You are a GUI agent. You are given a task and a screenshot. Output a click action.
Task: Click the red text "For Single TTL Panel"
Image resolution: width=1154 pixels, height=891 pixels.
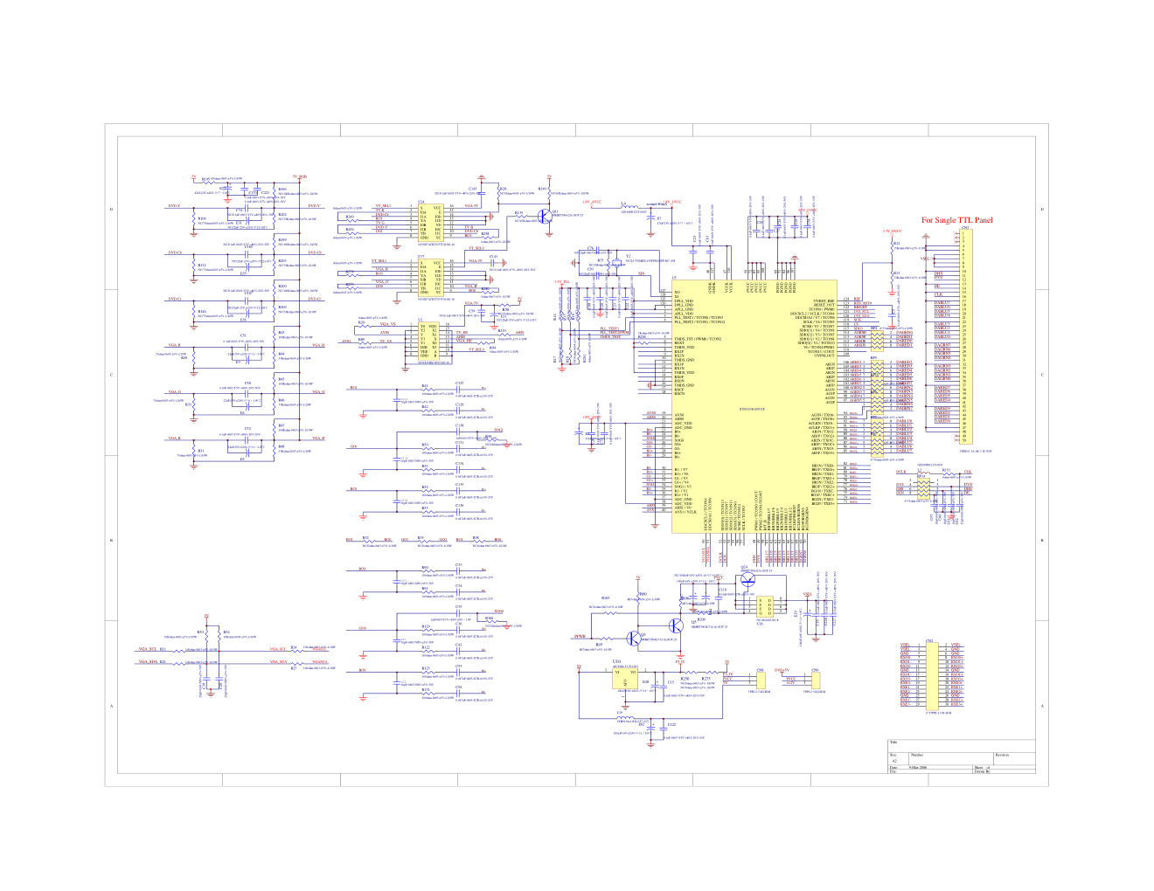tap(957, 220)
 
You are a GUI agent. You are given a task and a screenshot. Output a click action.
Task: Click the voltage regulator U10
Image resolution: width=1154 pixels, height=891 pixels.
tap(625, 679)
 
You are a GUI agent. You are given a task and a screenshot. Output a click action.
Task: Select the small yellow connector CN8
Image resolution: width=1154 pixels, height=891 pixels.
tap(760, 681)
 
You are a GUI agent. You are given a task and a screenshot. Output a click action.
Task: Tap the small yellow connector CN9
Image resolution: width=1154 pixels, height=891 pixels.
tap(815, 681)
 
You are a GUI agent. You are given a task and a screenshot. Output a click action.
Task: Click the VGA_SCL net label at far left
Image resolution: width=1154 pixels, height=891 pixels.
tap(146, 650)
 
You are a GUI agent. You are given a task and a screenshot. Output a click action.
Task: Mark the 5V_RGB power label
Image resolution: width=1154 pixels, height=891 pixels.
tap(300, 177)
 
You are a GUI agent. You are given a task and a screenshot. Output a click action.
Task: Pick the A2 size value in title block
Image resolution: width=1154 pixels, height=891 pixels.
tap(894, 762)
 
